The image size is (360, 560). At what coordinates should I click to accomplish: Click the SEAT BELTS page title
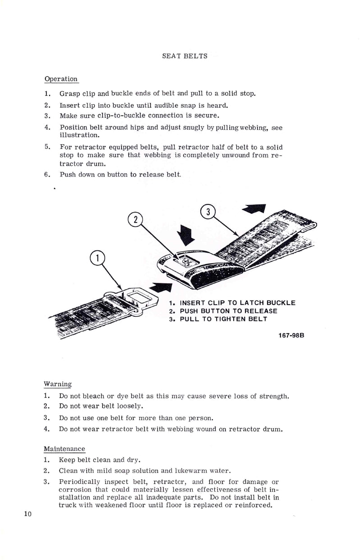pos(185,56)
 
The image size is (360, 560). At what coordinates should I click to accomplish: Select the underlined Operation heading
pos(61,79)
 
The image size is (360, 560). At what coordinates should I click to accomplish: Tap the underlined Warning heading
pos(57,384)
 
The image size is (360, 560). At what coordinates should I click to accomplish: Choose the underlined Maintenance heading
pos(64,449)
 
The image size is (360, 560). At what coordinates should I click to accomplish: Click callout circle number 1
pos(97,259)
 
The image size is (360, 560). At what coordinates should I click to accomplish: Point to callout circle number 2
pos(135,219)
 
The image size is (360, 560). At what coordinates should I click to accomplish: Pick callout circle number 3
pos(208,212)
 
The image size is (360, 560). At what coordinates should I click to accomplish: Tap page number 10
pos(28,514)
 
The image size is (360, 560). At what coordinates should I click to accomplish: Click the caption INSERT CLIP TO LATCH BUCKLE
pos(237,303)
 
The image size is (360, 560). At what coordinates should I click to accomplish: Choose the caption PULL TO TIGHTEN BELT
pos(223,319)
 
